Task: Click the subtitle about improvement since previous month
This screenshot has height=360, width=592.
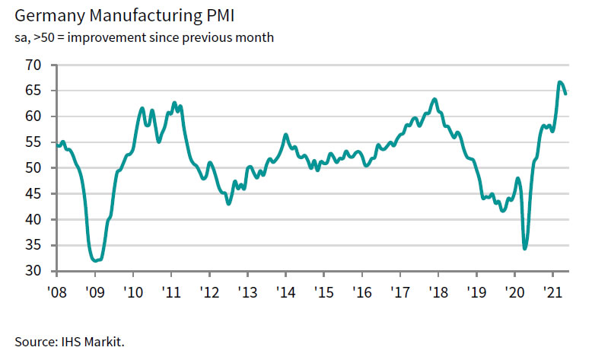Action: [143, 37]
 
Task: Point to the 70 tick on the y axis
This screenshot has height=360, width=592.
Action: [32, 65]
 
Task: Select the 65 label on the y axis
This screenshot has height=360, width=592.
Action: [32, 91]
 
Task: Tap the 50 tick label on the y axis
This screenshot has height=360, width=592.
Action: [32, 168]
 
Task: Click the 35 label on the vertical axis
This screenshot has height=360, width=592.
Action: [32, 246]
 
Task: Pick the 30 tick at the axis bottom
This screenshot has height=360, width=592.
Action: [32, 271]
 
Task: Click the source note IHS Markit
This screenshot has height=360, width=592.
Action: [68, 342]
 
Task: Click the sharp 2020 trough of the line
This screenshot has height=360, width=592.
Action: [525, 248]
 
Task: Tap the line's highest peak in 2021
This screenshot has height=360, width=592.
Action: [560, 82]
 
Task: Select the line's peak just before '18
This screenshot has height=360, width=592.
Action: [434, 99]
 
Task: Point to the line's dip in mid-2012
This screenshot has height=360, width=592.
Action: [228, 203]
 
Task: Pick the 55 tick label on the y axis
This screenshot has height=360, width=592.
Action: [32, 142]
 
